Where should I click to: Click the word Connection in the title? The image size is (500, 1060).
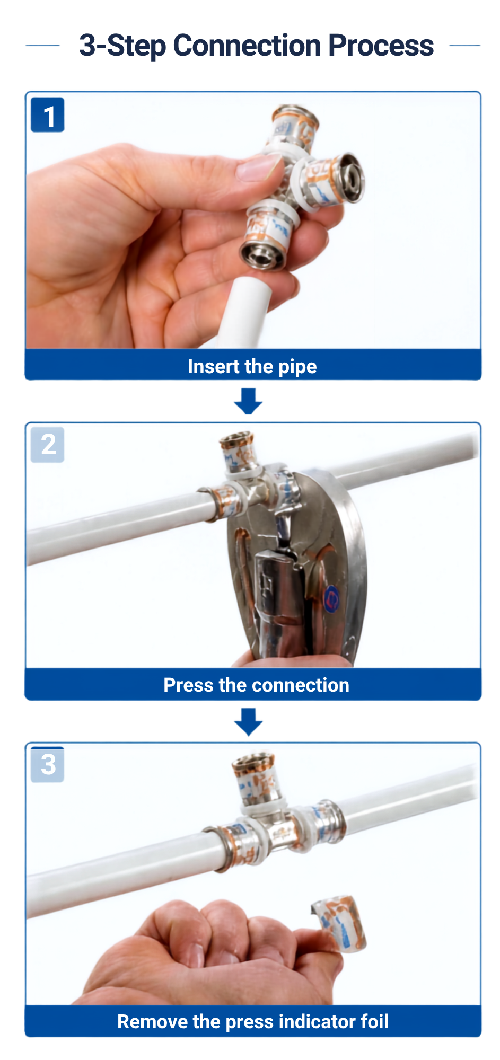(x=247, y=45)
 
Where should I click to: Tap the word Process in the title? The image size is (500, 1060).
(x=381, y=45)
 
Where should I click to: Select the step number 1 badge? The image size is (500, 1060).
(x=48, y=115)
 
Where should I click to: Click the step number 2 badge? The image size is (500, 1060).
(x=48, y=445)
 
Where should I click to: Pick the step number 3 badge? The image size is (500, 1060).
(x=48, y=764)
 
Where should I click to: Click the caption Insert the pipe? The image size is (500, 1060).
(x=252, y=366)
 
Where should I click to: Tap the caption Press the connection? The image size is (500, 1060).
(x=257, y=685)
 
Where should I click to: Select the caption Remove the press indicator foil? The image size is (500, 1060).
(x=253, y=1021)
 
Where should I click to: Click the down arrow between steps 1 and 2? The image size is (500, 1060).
(x=248, y=401)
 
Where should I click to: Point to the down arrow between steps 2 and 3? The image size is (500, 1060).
(x=248, y=722)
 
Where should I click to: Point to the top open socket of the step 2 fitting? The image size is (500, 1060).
(x=236, y=440)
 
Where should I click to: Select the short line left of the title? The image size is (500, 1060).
(x=42, y=46)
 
